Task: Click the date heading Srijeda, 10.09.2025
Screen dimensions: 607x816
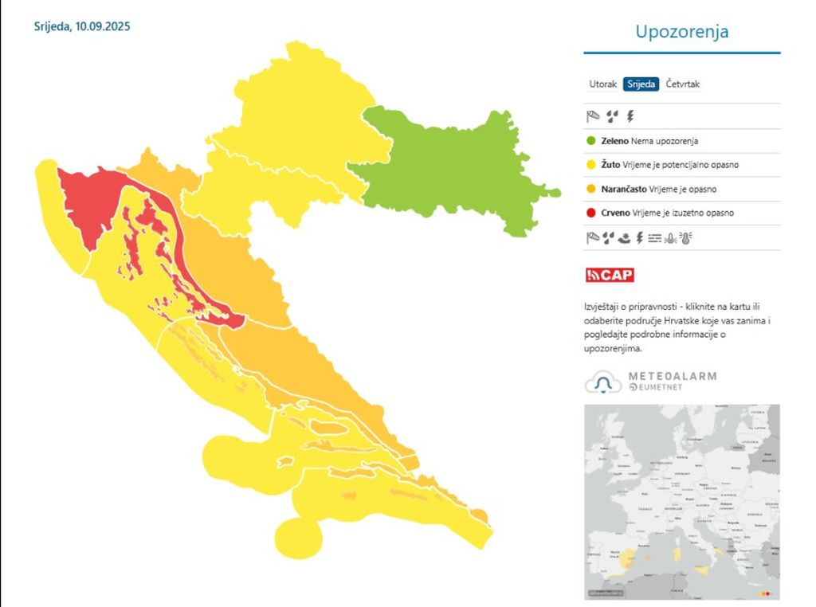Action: (x=82, y=26)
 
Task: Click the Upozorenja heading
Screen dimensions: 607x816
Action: (x=681, y=32)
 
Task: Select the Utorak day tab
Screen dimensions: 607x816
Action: (x=602, y=84)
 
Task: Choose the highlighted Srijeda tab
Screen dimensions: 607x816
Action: (x=641, y=84)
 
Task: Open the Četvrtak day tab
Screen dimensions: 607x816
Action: (x=683, y=84)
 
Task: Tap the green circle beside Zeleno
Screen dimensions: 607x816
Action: (x=591, y=141)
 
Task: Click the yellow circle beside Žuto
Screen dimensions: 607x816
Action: (x=591, y=165)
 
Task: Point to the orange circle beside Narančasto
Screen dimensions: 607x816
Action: (x=591, y=189)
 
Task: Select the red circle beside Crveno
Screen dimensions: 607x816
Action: (x=591, y=213)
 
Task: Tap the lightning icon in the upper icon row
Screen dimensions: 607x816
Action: (x=630, y=116)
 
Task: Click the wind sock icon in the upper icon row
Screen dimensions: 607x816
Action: (x=592, y=116)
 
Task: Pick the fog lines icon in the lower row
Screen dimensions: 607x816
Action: (x=655, y=237)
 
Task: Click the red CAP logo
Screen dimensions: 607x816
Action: (x=610, y=276)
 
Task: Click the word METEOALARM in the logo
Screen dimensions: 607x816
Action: (x=673, y=376)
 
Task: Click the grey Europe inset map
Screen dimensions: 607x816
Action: (x=681, y=501)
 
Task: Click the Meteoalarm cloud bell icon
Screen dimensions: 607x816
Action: (x=603, y=383)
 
